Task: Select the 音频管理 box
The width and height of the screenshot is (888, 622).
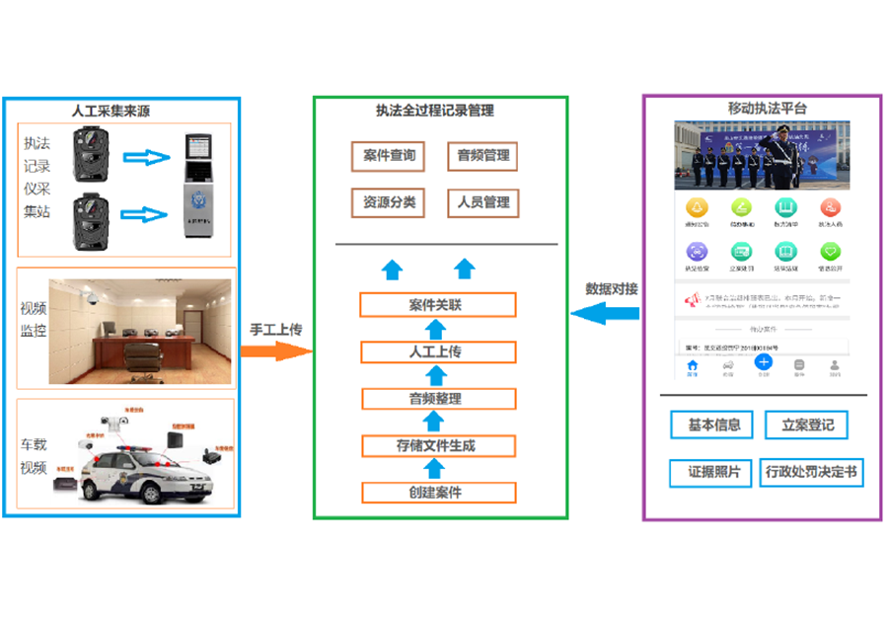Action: (x=482, y=156)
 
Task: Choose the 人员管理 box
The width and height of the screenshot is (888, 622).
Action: (x=482, y=203)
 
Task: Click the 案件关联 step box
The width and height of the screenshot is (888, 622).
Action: (x=437, y=305)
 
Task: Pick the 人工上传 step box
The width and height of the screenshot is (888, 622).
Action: (x=437, y=351)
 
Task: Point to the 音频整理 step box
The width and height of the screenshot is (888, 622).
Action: (x=437, y=399)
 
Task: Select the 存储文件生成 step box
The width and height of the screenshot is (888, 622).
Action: (x=437, y=445)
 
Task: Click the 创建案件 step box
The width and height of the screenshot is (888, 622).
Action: (x=437, y=492)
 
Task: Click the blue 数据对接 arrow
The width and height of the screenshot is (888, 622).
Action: (x=606, y=314)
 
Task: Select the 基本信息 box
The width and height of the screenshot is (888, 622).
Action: (x=713, y=426)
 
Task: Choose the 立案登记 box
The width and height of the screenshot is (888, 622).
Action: (x=807, y=426)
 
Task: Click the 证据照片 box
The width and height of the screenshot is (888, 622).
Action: (x=713, y=472)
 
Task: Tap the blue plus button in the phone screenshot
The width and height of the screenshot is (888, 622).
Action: (x=763, y=362)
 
